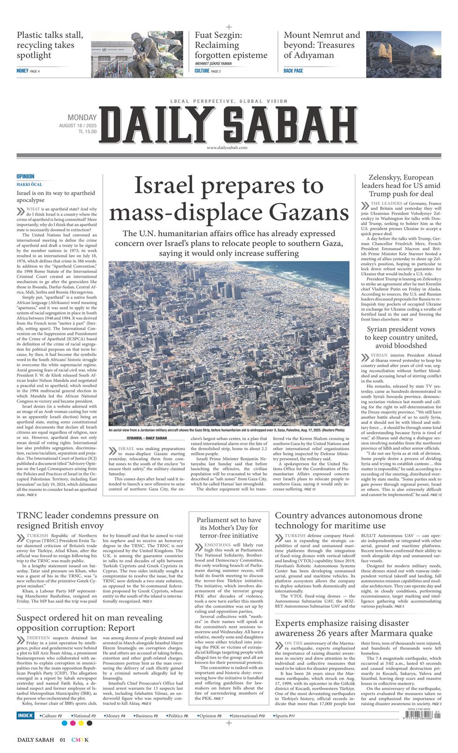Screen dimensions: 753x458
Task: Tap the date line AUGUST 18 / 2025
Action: (78, 126)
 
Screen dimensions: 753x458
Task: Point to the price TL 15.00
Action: (88, 132)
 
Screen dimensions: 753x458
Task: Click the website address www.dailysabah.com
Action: (226, 148)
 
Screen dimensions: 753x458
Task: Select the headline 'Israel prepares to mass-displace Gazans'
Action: (229, 199)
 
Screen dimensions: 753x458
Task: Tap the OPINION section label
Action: (25, 177)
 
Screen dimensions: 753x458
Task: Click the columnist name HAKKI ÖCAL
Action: (30, 184)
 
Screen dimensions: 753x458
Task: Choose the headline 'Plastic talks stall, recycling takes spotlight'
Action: (50, 45)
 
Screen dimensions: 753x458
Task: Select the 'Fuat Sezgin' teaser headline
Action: (231, 45)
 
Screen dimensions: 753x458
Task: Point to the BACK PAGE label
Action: (293, 71)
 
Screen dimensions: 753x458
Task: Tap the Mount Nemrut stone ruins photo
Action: (404, 54)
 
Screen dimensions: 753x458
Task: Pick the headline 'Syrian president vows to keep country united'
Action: (401, 337)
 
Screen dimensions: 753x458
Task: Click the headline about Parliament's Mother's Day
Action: (229, 527)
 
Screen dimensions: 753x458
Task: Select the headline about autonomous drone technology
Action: (348, 520)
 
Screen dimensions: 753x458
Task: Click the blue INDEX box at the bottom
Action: (25, 715)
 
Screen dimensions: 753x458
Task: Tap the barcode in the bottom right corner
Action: (421, 717)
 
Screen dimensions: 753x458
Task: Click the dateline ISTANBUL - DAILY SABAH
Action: (143, 438)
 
